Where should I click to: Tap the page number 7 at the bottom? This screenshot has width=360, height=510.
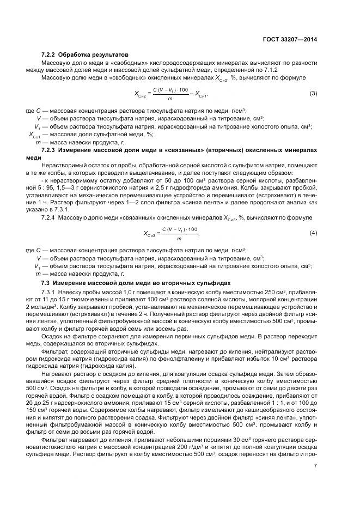coord(315,466)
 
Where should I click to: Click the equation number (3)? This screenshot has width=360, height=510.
coord(313,93)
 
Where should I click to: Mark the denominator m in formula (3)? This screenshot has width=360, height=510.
coord(170,99)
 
